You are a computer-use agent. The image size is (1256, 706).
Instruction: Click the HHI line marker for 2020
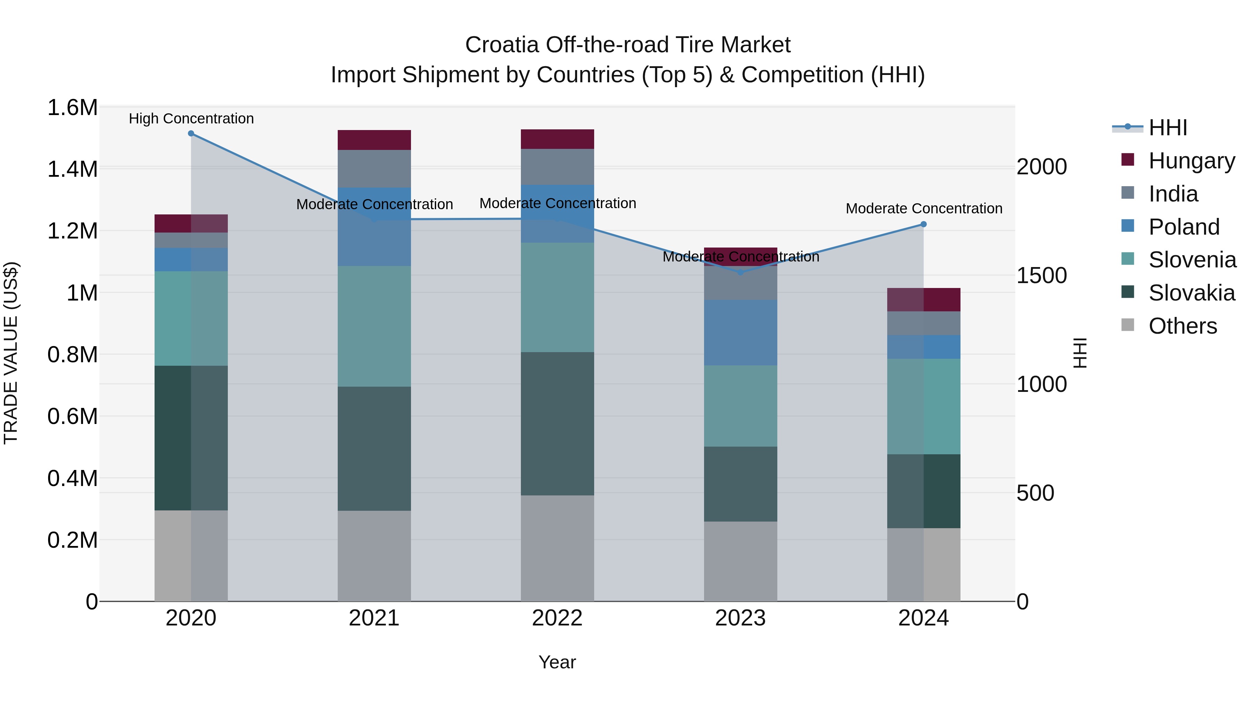(191, 134)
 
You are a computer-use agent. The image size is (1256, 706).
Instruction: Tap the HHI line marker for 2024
(924, 224)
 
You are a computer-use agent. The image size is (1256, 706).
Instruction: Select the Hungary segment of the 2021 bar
(374, 140)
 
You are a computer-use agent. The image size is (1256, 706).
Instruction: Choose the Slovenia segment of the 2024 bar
(924, 407)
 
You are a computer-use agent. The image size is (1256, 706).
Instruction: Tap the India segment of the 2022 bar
(557, 167)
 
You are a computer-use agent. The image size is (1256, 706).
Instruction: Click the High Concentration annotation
(191, 119)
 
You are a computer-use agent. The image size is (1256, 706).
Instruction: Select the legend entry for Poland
(1183, 227)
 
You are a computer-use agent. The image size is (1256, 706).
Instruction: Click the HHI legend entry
(1167, 128)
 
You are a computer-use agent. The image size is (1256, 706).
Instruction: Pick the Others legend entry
(1182, 326)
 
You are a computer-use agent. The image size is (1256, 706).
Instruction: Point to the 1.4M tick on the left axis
(72, 169)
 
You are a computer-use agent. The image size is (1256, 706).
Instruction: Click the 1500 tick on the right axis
(1041, 276)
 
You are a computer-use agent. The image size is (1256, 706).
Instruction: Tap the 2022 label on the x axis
(557, 618)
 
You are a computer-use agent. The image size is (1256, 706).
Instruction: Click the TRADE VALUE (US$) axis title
(11, 353)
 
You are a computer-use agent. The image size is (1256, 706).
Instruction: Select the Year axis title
(557, 662)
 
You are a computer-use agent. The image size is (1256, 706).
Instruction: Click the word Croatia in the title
(502, 45)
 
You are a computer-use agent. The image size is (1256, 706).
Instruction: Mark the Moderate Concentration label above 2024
(924, 208)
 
